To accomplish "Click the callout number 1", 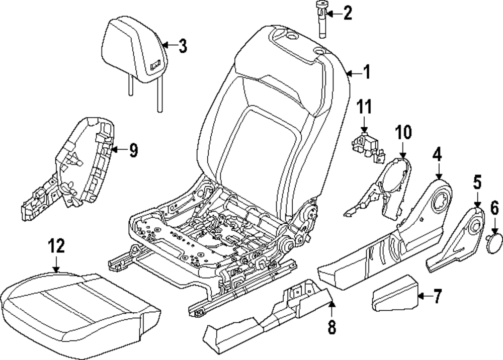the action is (366, 72).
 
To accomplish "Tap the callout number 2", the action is (348, 13).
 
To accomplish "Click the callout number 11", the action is (364, 107).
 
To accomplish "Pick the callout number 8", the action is (331, 327).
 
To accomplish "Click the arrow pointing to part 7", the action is (426, 296).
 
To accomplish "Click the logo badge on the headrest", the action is (155, 66).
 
